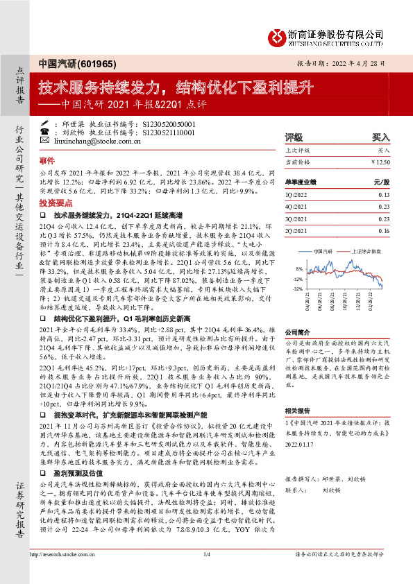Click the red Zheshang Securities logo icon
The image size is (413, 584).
pos(278,35)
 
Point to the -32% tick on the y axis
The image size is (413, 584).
pos(298,289)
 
